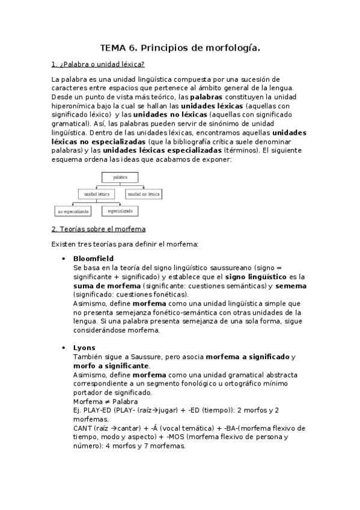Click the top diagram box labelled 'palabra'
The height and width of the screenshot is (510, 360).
[x=120, y=177]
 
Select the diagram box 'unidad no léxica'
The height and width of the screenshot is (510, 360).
[x=144, y=194]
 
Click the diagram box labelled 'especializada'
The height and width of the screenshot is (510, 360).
[x=120, y=211]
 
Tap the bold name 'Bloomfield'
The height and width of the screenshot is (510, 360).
[x=93, y=258]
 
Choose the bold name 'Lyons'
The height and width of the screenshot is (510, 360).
[x=84, y=348]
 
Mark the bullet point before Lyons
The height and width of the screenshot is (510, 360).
[x=64, y=348]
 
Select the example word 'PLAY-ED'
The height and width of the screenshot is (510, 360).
[x=97, y=410]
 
